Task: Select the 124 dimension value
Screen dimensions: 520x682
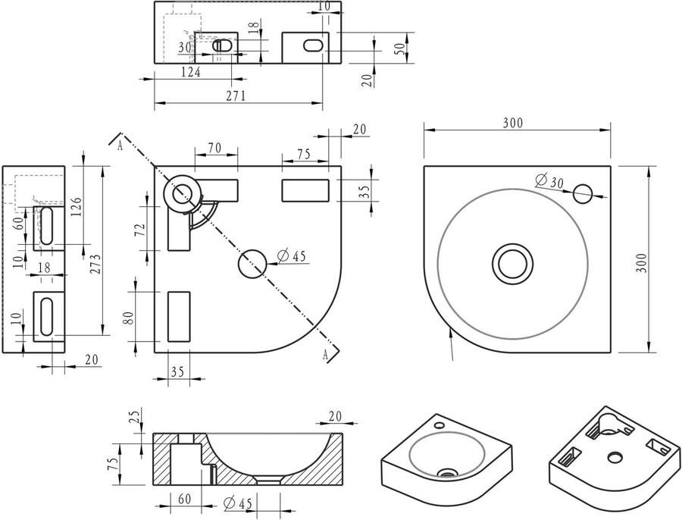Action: [191, 72]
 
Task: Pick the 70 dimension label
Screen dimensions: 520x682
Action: [214, 148]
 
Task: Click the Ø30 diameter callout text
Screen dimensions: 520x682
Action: [549, 181]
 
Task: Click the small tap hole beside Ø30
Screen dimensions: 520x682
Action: [583, 193]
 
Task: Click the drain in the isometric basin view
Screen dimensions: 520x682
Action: [447, 472]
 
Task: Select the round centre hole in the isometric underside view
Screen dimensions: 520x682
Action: [615, 457]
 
